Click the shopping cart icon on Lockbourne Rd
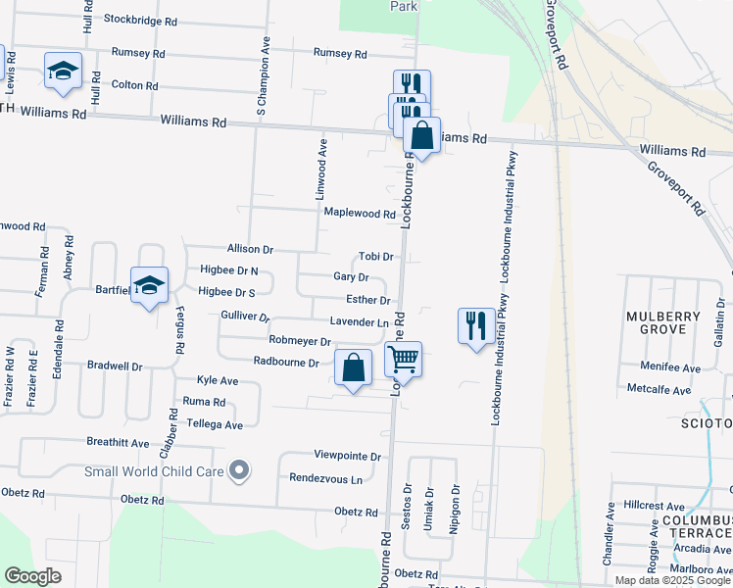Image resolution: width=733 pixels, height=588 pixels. (x=403, y=360)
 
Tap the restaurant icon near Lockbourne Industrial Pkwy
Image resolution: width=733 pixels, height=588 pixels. (x=475, y=324)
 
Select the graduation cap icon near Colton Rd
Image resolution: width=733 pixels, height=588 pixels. (x=64, y=72)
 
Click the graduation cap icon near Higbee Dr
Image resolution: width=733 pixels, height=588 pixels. (x=149, y=285)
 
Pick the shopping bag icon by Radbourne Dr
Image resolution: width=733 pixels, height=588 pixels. (x=354, y=367)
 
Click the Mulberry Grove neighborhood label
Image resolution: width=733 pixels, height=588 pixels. (x=664, y=322)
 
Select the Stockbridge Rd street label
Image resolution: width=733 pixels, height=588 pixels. (x=140, y=20)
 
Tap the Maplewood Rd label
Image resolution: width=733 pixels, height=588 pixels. (x=359, y=214)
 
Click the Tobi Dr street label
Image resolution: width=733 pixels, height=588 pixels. (x=375, y=256)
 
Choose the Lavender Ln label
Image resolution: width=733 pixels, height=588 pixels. (x=359, y=321)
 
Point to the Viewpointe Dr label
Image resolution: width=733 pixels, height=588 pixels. (x=347, y=457)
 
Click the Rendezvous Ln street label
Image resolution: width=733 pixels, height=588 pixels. (x=325, y=479)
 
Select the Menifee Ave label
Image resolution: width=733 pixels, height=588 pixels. (x=670, y=368)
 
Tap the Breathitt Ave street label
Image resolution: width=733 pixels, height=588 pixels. (x=118, y=443)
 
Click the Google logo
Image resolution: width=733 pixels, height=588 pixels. (x=32, y=576)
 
